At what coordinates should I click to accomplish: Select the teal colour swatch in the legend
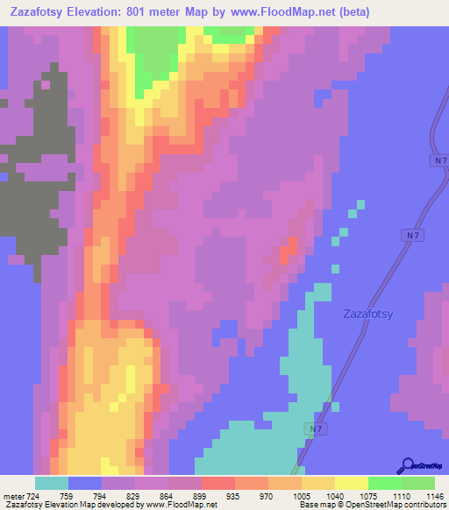pos(51,483)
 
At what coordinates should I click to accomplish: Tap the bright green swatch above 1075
pos(384,483)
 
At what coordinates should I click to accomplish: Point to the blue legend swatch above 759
pos(84,483)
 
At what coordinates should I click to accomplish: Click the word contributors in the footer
pos(422,505)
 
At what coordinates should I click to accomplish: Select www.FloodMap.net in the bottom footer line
pos(182,505)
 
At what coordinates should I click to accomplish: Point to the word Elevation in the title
pos(98,12)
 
